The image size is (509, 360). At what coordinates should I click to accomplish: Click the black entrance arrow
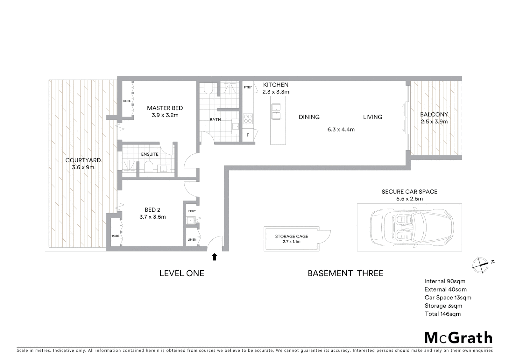pyautogui.click(x=215, y=257)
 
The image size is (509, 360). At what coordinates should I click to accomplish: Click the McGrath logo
pyautogui.click(x=458, y=338)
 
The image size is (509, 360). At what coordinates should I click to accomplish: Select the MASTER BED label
pyautogui.click(x=165, y=108)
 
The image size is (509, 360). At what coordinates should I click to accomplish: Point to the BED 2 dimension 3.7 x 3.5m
pyautogui.click(x=153, y=217)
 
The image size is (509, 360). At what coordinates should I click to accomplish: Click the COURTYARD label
pyautogui.click(x=83, y=160)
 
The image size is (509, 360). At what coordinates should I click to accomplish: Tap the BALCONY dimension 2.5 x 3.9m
pyautogui.click(x=434, y=122)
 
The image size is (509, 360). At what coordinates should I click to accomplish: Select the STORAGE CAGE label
pyautogui.click(x=291, y=236)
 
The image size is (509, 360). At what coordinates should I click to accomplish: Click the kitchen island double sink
pyautogui.click(x=276, y=112)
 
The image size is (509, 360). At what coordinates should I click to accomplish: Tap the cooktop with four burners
pyautogui.click(x=248, y=119)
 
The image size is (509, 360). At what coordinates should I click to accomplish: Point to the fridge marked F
pyautogui.click(x=248, y=135)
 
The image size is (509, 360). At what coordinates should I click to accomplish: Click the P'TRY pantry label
pyautogui.click(x=248, y=88)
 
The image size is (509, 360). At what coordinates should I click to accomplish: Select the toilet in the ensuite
pyautogui.click(x=149, y=167)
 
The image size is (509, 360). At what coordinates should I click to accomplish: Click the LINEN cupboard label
pyautogui.click(x=192, y=239)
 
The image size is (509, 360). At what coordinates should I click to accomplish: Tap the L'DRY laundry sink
pyautogui.click(x=191, y=220)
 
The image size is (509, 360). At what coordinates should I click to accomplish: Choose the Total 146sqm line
pyautogui.click(x=443, y=314)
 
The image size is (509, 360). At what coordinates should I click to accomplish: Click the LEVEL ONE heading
pyautogui.click(x=182, y=273)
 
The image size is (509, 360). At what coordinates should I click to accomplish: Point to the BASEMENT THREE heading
pyautogui.click(x=345, y=273)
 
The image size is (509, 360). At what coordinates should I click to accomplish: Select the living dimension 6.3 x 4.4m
pyautogui.click(x=341, y=130)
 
